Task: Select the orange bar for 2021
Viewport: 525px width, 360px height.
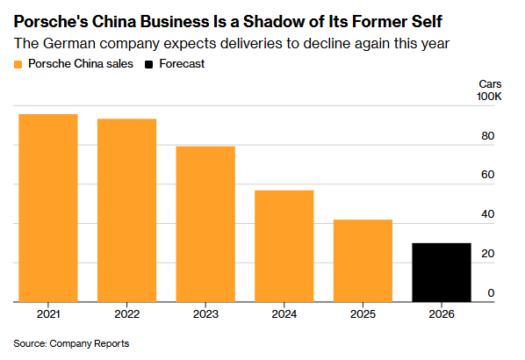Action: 48,208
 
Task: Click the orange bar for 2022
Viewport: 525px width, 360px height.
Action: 127,211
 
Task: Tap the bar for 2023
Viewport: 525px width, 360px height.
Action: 205,224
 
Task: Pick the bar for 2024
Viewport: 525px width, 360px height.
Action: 284,246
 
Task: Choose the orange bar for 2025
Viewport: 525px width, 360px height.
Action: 363,261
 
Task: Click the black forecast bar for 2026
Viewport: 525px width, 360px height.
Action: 442,272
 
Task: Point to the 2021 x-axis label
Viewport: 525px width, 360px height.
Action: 48,314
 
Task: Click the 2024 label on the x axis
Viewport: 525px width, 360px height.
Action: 284,314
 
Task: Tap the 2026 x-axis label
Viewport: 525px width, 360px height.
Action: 442,314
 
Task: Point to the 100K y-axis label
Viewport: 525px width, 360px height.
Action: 489,97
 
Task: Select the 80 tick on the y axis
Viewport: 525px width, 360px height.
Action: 488,136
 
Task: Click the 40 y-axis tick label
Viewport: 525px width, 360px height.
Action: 488,214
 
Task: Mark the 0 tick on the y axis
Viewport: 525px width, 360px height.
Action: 491,293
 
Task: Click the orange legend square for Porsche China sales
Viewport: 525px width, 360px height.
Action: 18,64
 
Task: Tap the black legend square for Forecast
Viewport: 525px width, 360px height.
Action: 148,64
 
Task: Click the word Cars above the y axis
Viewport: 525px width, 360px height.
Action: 490,83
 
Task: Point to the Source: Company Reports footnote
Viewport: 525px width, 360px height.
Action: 71,343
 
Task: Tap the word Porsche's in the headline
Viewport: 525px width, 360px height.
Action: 51,22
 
